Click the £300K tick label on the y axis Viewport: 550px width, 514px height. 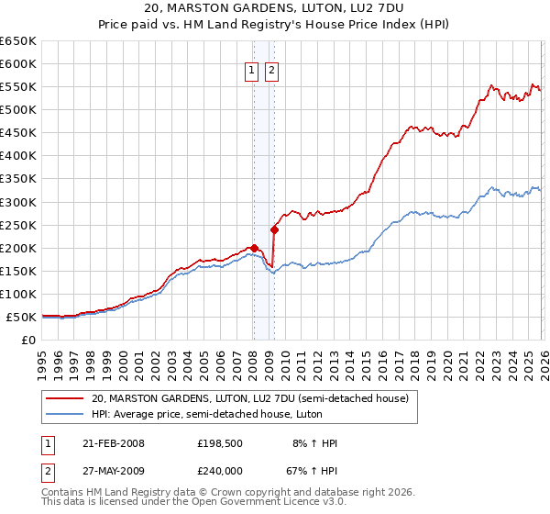click(17, 202)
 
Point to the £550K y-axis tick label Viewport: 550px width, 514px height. click(17, 87)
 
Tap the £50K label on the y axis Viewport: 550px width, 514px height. click(21, 317)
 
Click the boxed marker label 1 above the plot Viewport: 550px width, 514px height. click(251, 69)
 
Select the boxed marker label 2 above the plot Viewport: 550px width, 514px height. click(272, 69)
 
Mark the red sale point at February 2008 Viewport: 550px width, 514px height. click(254, 248)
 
